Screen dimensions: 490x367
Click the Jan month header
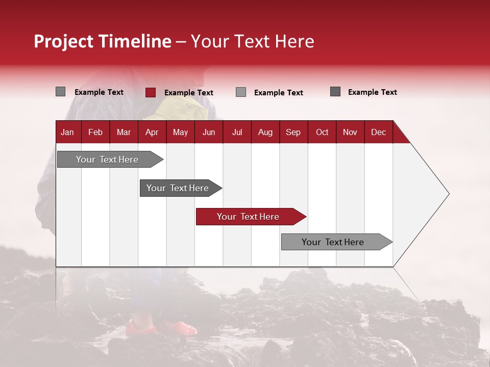pyautogui.click(x=67, y=133)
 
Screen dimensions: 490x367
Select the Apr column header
pyautogui.click(x=152, y=133)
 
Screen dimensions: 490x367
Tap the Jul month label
pyautogui.click(x=237, y=133)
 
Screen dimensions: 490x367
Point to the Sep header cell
pyautogui.click(x=293, y=133)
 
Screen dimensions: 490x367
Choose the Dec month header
pyautogui.click(x=378, y=133)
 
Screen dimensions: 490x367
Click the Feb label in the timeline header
pyautogui.click(x=95, y=133)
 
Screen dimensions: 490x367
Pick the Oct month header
pyautogui.click(x=322, y=133)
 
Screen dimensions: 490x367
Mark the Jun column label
pyautogui.click(x=209, y=133)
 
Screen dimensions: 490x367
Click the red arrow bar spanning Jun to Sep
pyautogui.click(x=251, y=217)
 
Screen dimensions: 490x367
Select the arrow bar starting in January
pyautogui.click(x=110, y=160)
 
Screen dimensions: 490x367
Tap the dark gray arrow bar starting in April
pyautogui.click(x=181, y=188)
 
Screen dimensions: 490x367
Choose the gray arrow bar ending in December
pyautogui.click(x=337, y=242)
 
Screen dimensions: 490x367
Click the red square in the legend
pyautogui.click(x=151, y=92)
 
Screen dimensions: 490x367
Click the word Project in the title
pyautogui.click(x=63, y=41)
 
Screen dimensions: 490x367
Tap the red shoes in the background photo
pyautogui.click(x=161, y=328)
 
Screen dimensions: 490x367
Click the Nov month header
pyautogui.click(x=350, y=133)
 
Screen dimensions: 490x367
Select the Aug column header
pyautogui.click(x=265, y=133)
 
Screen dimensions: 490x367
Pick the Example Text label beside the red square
pyautogui.click(x=189, y=93)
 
